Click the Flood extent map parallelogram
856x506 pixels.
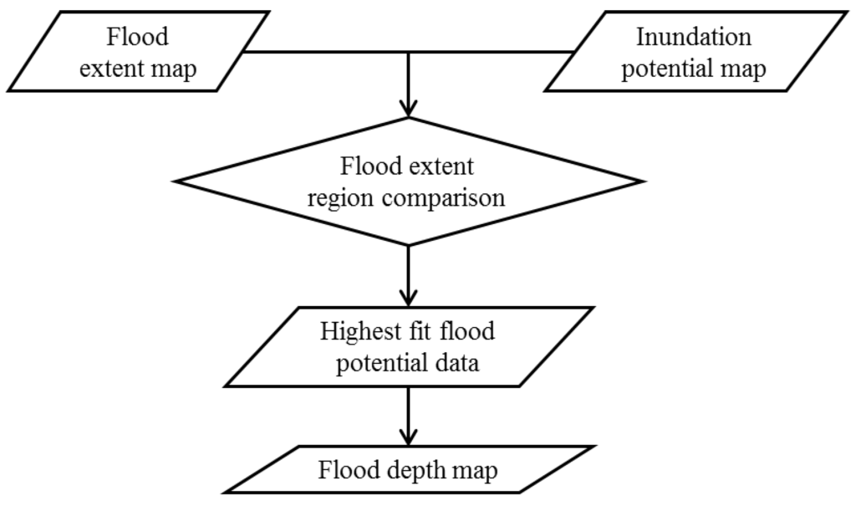pos(138,52)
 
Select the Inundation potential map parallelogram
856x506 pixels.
pos(693,52)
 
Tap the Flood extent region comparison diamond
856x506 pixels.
pos(407,181)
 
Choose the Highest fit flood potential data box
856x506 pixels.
pos(407,347)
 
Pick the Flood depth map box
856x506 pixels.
pos(407,470)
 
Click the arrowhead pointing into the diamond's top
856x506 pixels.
pos(407,108)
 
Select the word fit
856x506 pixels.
pos(425,331)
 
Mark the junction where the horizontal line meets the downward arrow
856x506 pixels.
pos(407,52)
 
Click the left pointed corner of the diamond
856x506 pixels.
pos(173,181)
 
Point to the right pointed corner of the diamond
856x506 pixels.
pos(643,181)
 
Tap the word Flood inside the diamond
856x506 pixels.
pos(373,166)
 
